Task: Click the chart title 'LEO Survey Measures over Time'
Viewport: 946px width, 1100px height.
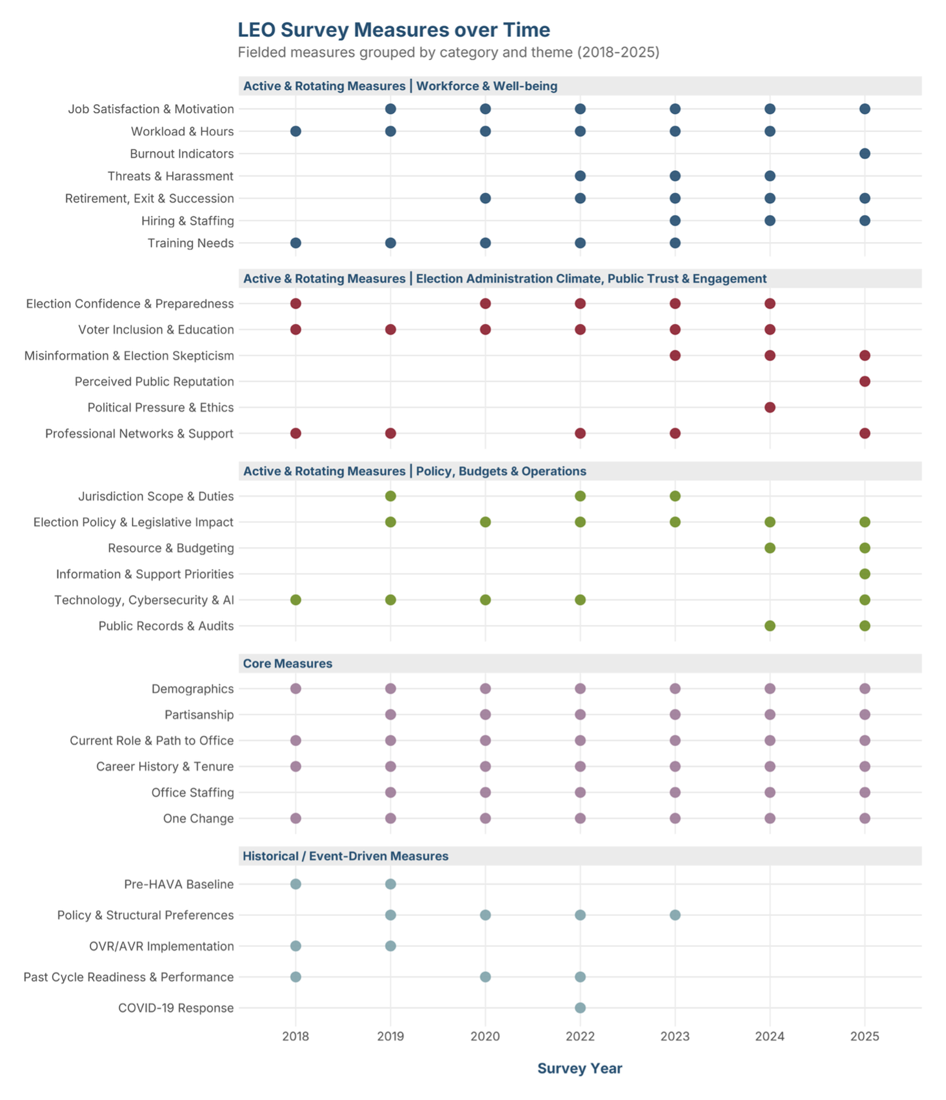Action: pos(394,30)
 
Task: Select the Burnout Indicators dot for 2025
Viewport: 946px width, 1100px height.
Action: pos(864,154)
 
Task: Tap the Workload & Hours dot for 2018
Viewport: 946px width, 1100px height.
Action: pos(295,131)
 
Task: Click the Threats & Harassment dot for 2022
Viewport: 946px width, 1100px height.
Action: pos(580,176)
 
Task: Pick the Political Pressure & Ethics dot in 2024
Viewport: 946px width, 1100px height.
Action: pos(770,407)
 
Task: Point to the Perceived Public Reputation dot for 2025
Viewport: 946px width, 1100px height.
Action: pos(864,381)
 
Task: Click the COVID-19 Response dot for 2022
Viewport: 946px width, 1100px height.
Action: pos(580,1007)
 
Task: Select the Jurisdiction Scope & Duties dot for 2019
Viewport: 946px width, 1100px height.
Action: pos(390,496)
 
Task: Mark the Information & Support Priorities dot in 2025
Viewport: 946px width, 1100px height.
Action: pos(864,574)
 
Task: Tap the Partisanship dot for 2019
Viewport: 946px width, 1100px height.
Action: pos(390,715)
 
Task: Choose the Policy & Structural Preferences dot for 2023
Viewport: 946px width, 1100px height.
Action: pos(675,915)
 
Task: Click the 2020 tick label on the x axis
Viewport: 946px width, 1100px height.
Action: pos(485,1036)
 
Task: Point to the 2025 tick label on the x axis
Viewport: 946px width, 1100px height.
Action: pos(864,1036)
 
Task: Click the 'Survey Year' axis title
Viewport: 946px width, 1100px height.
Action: pos(580,1068)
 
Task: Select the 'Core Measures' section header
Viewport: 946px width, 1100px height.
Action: pos(287,663)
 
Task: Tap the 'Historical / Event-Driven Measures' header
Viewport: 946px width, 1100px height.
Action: pos(345,856)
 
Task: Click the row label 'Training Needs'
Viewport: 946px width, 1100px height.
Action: pos(191,243)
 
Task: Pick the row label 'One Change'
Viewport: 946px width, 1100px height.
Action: pos(198,818)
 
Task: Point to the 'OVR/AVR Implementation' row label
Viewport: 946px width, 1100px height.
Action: pos(161,946)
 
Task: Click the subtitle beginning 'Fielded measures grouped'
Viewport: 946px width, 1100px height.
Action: pos(449,52)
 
